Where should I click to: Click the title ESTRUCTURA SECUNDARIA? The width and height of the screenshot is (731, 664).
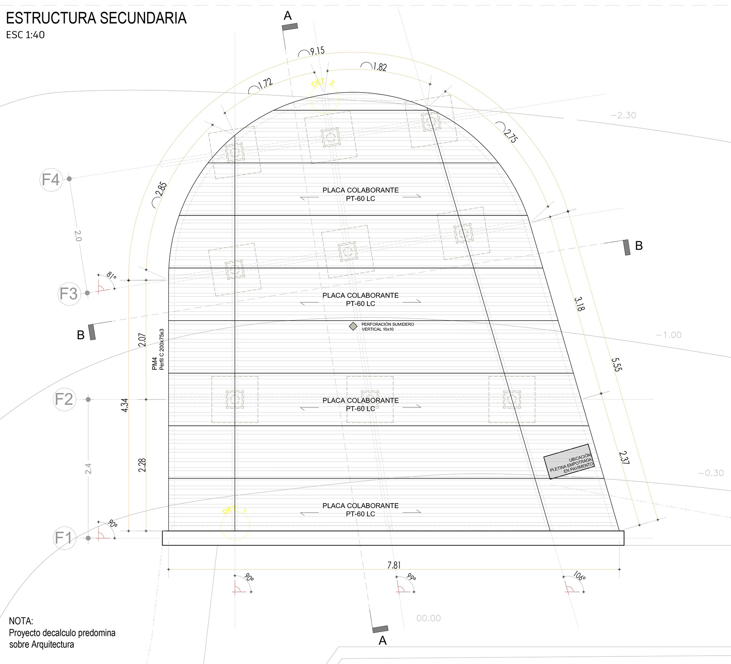pos(96,18)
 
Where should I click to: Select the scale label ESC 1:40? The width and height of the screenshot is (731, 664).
pos(26,35)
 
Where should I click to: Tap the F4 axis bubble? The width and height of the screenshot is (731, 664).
pos(51,180)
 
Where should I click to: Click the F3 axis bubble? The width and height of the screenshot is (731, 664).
pos(69,294)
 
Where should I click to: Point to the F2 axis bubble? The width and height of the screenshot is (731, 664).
pos(64,399)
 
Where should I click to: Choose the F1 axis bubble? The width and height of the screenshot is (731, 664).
pos(64,538)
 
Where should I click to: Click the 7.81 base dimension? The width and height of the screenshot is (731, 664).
pos(394,565)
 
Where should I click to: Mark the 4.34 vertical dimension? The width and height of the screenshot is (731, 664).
pos(124,405)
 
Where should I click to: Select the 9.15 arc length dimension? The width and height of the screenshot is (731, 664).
pos(317,51)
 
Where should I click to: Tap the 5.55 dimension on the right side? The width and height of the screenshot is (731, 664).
pos(616,364)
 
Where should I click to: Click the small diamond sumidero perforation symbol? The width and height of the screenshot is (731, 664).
pos(353,326)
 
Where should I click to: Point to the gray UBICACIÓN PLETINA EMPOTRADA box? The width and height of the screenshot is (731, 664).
pos(569,461)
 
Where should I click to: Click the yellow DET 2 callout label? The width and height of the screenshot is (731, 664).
pos(322,83)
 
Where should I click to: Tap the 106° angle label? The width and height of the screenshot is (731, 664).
pos(579,576)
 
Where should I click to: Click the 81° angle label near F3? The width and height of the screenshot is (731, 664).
pos(111,275)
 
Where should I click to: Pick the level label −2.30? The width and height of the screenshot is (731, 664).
pos(623,115)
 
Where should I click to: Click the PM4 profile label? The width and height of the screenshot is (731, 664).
pos(154,363)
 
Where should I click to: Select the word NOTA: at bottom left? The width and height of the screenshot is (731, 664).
pos(21,621)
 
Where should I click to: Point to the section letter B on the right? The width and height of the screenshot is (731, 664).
pos(639,246)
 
